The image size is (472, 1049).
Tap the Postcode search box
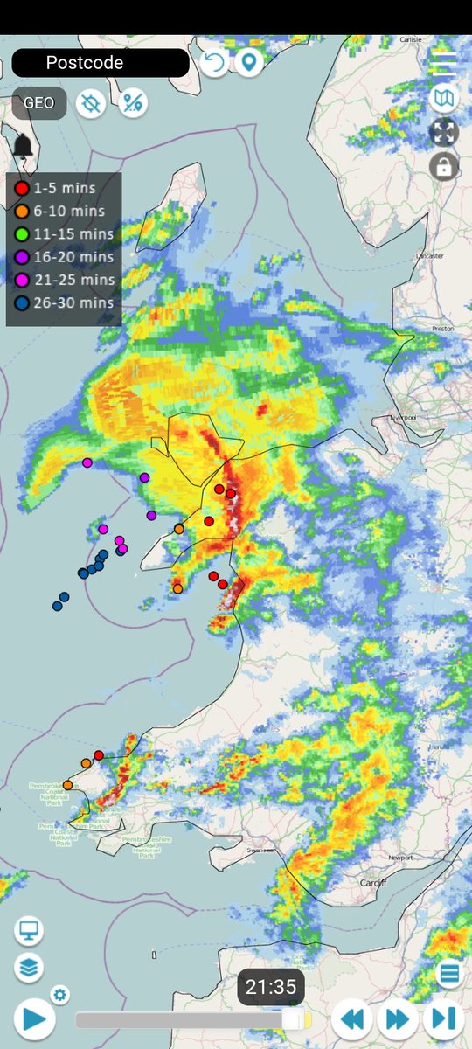100,63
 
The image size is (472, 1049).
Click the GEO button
38,103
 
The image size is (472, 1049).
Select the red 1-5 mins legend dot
21,188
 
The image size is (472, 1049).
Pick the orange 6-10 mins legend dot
21,211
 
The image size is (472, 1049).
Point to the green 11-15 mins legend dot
21,233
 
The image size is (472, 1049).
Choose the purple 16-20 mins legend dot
21,257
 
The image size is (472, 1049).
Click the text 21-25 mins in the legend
73,280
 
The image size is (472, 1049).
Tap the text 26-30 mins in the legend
73,302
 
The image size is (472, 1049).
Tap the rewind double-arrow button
352,1019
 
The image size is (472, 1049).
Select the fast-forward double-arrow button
398,1019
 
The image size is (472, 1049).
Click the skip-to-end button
443,1019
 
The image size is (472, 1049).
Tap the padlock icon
444,166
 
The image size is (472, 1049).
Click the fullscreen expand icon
444,132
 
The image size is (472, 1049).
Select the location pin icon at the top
249,63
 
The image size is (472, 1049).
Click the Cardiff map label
372,883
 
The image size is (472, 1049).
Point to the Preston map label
444,329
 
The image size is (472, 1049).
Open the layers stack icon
29,968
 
